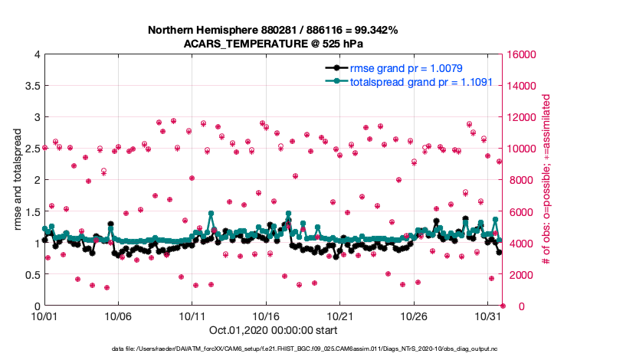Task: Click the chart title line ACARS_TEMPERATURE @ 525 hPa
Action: point(273,44)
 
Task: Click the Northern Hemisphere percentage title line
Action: point(273,30)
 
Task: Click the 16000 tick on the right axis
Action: point(521,54)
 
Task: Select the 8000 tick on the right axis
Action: point(518,180)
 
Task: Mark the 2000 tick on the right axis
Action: point(518,274)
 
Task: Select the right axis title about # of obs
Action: point(546,180)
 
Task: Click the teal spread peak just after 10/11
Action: point(210,214)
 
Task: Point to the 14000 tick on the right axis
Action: point(521,86)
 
